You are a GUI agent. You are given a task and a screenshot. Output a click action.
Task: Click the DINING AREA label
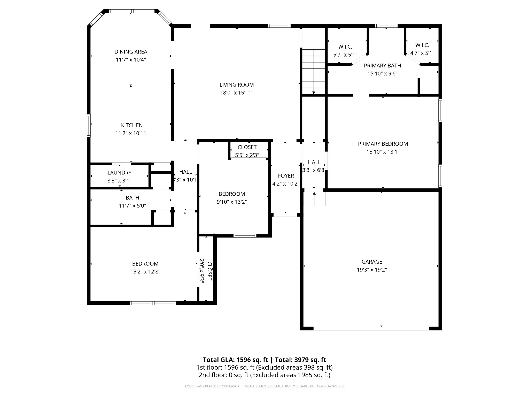point(131,52)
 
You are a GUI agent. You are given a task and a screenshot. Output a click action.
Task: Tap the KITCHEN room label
point(132,125)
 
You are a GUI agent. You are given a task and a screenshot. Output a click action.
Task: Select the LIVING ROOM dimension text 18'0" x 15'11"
point(237,93)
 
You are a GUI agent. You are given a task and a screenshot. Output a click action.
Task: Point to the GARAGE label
point(372,262)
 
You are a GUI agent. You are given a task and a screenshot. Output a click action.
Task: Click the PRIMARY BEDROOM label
point(383,144)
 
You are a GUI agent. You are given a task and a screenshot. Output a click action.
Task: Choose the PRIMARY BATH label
point(382,66)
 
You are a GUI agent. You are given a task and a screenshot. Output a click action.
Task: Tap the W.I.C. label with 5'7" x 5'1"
point(345,47)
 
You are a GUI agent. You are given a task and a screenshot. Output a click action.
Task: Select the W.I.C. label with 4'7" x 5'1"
point(422,45)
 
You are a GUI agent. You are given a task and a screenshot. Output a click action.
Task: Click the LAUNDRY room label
point(119,173)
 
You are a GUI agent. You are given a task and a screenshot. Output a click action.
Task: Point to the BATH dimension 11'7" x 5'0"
point(133,206)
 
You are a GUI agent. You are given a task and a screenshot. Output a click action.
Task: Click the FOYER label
point(286,176)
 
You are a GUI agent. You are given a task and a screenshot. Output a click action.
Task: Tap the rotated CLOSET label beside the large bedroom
point(209,271)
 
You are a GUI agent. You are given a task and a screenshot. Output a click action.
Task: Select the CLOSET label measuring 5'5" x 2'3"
point(247,147)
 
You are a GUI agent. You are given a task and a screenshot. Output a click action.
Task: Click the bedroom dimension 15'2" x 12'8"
point(145,272)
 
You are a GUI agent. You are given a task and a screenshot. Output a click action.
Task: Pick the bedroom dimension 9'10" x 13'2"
point(232,202)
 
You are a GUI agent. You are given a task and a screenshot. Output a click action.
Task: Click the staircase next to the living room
point(314,72)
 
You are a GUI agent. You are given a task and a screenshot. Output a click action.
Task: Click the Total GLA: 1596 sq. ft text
point(235,360)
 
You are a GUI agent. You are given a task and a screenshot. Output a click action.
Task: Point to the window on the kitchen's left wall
point(89,125)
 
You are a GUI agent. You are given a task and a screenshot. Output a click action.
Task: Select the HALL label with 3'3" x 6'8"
point(314,162)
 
